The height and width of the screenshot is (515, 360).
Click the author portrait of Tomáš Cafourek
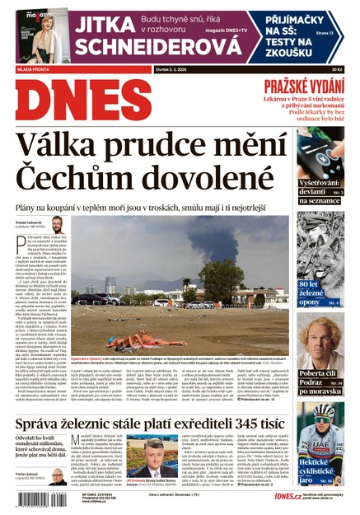tap(57, 223)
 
